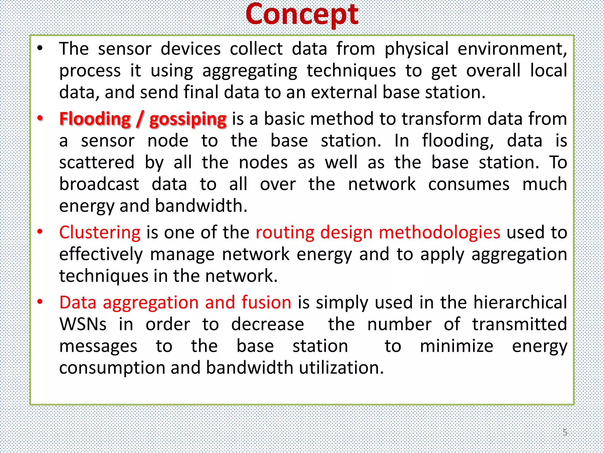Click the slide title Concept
click(302, 15)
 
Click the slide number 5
click(564, 432)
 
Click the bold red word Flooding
click(95, 119)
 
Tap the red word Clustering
click(100, 232)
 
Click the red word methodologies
click(439, 232)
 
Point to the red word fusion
click(266, 303)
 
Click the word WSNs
click(83, 324)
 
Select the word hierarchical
click(520, 303)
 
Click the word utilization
click(341, 368)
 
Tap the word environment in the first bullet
click(512, 49)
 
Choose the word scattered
click(97, 163)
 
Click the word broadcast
click(99, 184)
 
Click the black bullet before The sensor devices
click(40, 48)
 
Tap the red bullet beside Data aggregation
click(40, 302)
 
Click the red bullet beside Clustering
click(40, 232)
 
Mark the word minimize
click(457, 346)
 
